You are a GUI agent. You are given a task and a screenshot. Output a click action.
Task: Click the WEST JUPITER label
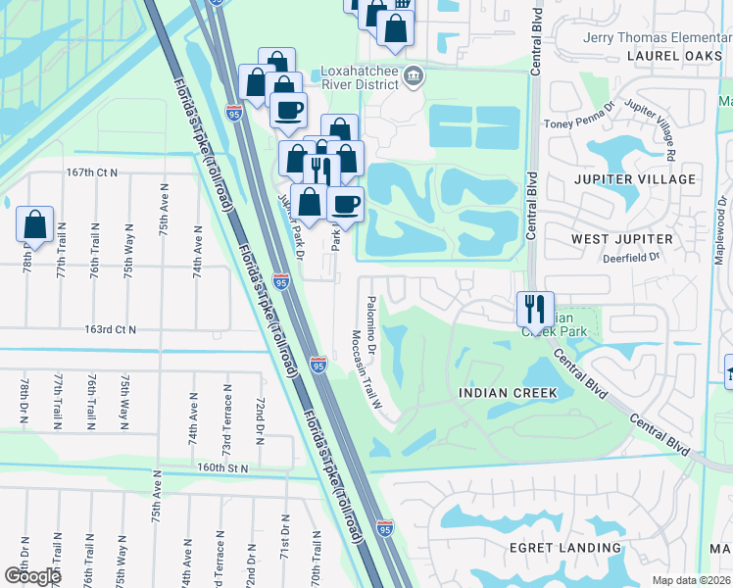pyautogui.click(x=622, y=239)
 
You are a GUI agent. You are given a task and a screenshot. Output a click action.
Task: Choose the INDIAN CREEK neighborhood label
pyautogui.click(x=508, y=393)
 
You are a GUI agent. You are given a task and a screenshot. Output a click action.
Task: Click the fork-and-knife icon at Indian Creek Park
pyautogui.click(x=534, y=309)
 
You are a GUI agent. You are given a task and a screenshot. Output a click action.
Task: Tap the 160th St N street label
pyautogui.click(x=224, y=468)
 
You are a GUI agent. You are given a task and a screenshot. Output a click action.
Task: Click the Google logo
pyautogui.click(x=32, y=575)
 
